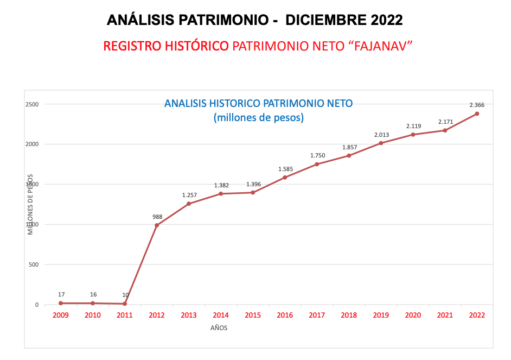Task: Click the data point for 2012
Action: pos(157,225)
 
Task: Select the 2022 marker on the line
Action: pos(477,113)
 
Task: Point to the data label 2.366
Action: pos(477,105)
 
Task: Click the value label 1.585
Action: pos(285,169)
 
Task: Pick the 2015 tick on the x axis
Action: pos(253,315)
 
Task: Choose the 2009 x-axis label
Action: pos(61,315)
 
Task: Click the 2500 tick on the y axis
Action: pos(33,104)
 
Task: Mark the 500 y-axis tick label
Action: pos(33,264)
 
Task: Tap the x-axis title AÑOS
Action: pos(219,328)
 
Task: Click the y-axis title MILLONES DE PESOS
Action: pos(31,204)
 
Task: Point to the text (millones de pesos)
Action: pos(258,117)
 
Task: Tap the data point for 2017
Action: pos(317,164)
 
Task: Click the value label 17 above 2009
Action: pos(61,295)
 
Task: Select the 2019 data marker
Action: pos(381,143)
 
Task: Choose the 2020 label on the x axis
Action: pos(413,315)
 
